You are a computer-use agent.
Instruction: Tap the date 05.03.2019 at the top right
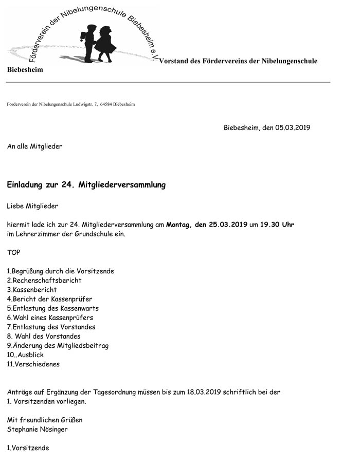pyautogui.click(x=293, y=128)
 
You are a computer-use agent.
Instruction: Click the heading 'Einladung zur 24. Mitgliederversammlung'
pyautogui.click(x=86, y=185)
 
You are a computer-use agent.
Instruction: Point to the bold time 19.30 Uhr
pyautogui.click(x=277, y=225)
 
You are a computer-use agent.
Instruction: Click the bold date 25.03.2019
pyautogui.click(x=228, y=225)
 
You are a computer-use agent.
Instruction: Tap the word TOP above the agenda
pyautogui.click(x=14, y=252)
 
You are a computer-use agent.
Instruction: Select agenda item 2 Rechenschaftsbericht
pyautogui.click(x=44, y=281)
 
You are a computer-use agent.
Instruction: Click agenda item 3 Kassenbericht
pyautogui.click(x=32, y=290)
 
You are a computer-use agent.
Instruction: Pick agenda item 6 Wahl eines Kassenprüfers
pyautogui.click(x=50, y=318)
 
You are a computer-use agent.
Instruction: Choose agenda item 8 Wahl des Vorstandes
pyautogui.click(x=44, y=336)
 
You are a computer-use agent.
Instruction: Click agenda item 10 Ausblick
pyautogui.click(x=25, y=355)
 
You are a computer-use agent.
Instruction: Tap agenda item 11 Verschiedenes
pyautogui.click(x=33, y=364)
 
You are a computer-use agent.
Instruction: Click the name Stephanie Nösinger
pyautogui.click(x=38, y=429)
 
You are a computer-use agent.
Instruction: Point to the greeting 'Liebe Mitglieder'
pyautogui.click(x=32, y=206)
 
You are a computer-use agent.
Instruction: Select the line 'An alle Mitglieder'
pyautogui.click(x=34, y=146)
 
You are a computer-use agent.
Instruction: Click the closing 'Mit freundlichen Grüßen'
pyautogui.click(x=45, y=420)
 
